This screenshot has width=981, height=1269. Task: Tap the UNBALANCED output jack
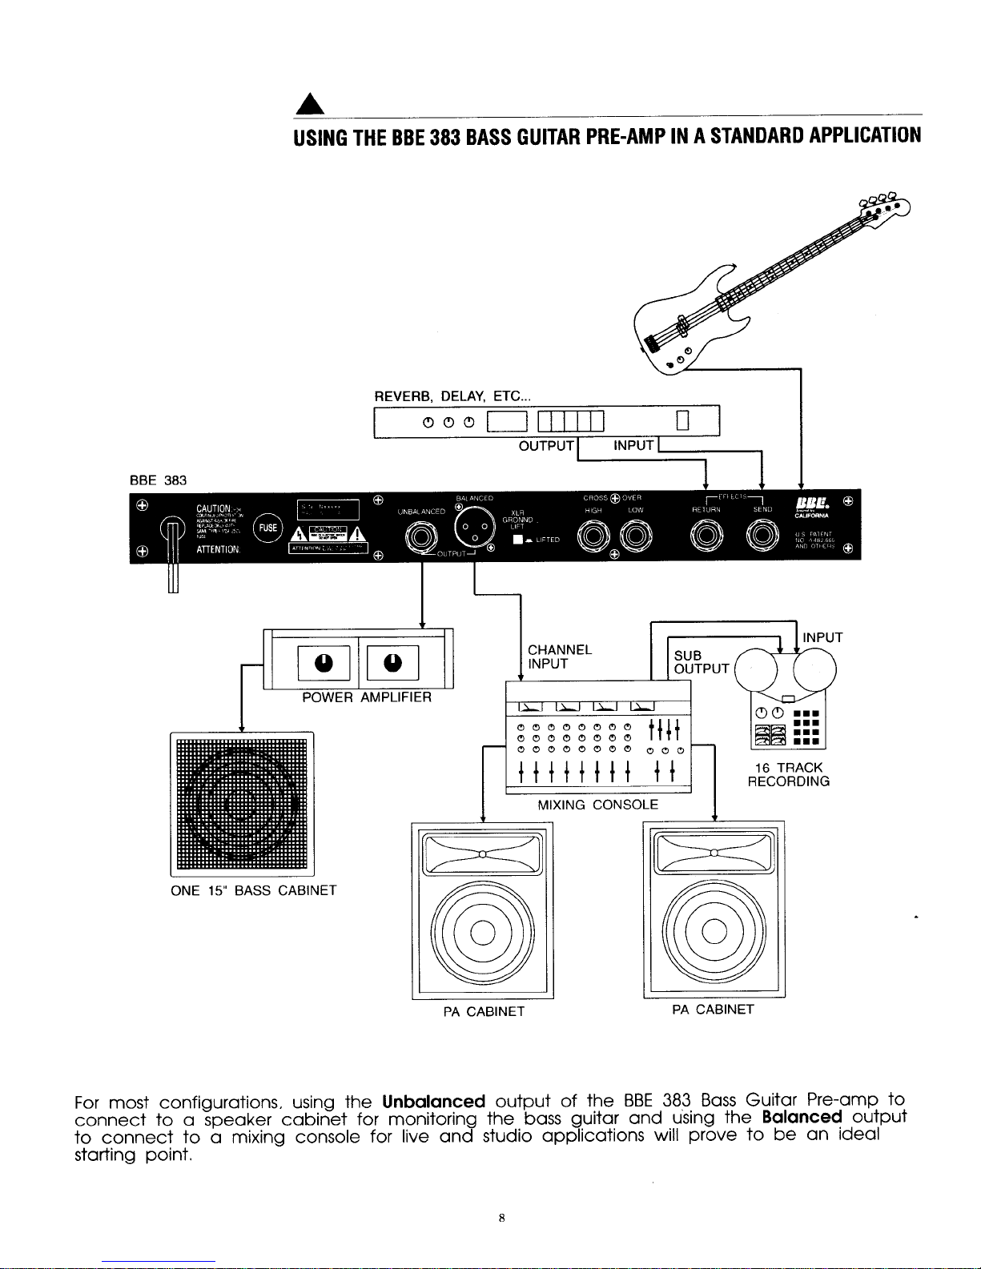click(x=421, y=536)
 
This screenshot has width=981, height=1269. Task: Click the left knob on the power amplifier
click(x=323, y=664)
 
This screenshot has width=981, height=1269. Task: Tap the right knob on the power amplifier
click(x=392, y=664)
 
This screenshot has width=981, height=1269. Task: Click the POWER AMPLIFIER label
click(x=367, y=697)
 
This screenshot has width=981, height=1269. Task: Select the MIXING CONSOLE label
click(x=597, y=805)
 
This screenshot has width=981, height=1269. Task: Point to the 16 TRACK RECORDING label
click(x=788, y=774)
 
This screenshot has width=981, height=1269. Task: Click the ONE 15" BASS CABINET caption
click(x=253, y=890)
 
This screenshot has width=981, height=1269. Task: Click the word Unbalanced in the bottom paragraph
click(x=433, y=1102)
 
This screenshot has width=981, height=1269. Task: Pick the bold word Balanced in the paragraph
click(x=802, y=1118)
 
